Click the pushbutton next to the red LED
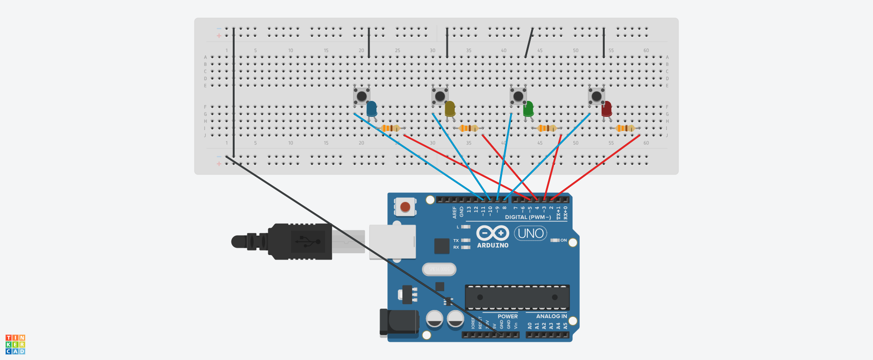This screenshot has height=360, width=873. tap(596, 96)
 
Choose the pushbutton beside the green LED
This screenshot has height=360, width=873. tap(518, 96)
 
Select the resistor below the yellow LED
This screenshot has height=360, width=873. tap(468, 128)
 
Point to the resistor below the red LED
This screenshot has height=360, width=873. tap(625, 128)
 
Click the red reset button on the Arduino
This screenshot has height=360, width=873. tap(405, 207)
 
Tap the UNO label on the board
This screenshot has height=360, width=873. tap(531, 234)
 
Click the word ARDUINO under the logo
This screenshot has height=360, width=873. tap(492, 245)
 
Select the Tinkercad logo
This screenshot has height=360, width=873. tap(15, 345)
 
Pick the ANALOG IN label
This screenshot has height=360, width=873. tap(551, 316)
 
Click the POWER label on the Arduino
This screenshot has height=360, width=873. tap(507, 316)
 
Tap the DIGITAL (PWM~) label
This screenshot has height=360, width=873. tap(527, 217)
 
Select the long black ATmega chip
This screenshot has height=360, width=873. tap(517, 298)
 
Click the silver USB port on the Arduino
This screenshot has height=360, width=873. tap(392, 242)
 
